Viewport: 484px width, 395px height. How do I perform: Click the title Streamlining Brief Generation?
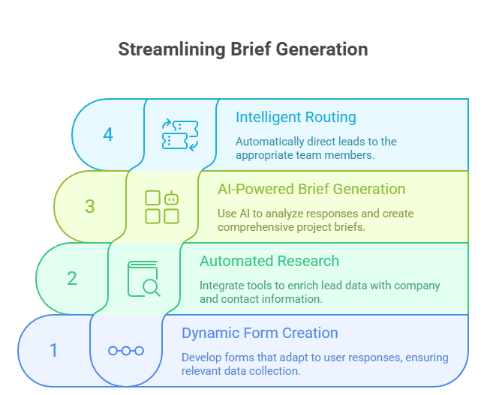point(242,49)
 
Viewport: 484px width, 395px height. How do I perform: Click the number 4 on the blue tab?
point(108,135)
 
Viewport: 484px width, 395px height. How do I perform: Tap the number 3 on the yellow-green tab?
point(90,206)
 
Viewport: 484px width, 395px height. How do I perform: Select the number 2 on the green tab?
point(72,278)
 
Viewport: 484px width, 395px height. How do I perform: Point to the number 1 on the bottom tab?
point(53,350)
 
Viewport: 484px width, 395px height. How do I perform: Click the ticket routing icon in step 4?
point(180,134)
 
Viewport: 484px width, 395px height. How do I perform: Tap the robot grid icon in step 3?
point(162,206)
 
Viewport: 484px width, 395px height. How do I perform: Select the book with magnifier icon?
point(144,278)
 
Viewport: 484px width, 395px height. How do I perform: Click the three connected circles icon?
point(126,350)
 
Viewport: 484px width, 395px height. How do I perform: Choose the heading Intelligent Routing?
point(296,117)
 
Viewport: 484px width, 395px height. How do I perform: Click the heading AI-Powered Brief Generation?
point(311,189)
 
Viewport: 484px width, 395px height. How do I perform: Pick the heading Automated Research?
point(269,261)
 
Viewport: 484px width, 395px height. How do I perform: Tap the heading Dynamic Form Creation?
point(260,333)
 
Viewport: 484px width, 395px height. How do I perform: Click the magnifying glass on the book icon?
point(152,286)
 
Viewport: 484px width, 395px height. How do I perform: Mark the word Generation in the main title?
point(323,49)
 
